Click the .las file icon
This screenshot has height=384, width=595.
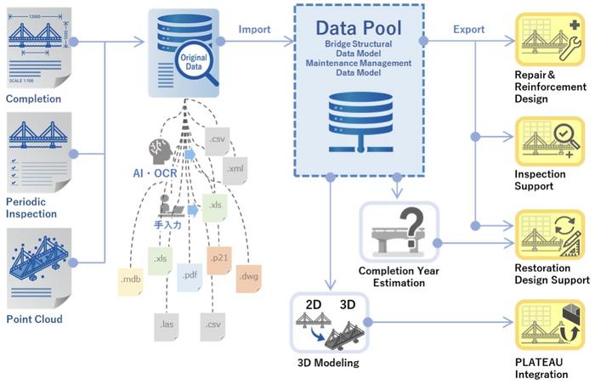166,324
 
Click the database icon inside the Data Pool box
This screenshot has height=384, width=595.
357,118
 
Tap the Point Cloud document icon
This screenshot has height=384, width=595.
33,264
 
